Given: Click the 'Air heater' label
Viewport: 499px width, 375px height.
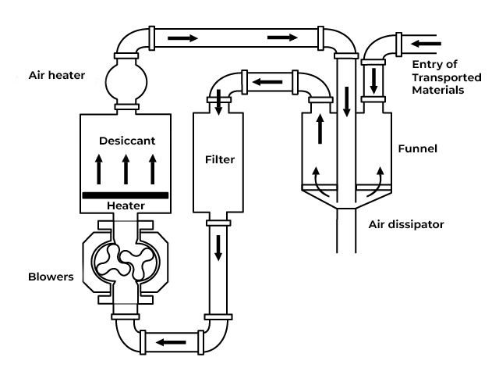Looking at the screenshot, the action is click(57, 75).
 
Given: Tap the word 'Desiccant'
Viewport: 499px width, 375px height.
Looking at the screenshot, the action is click(127, 141).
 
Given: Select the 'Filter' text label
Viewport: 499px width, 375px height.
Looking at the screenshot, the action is click(220, 159).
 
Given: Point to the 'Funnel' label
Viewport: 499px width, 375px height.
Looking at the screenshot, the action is click(418, 148).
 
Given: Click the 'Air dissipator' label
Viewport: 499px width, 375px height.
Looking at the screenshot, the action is click(406, 224).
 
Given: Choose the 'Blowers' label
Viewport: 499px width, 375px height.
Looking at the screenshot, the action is click(51, 277).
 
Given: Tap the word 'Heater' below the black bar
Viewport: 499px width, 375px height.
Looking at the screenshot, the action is click(126, 205).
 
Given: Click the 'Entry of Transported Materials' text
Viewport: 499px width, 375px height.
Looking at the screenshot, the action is click(447, 77).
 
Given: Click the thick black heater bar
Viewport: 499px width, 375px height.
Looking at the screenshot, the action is click(126, 195).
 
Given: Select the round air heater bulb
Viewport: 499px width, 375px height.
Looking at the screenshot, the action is click(126, 82).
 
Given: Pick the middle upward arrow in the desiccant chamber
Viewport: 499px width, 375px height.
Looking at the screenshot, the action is click(126, 169).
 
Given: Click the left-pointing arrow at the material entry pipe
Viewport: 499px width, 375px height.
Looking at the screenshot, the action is click(426, 44).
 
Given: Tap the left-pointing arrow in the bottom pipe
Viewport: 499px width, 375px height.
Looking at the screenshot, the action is click(171, 342).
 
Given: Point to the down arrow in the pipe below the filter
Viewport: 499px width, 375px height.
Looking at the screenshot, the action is click(218, 248).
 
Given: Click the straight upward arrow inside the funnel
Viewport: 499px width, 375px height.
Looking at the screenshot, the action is click(320, 129).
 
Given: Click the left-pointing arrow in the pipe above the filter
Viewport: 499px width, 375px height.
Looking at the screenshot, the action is click(267, 82).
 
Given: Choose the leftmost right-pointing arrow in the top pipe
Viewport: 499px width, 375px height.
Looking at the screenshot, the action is click(182, 38).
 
